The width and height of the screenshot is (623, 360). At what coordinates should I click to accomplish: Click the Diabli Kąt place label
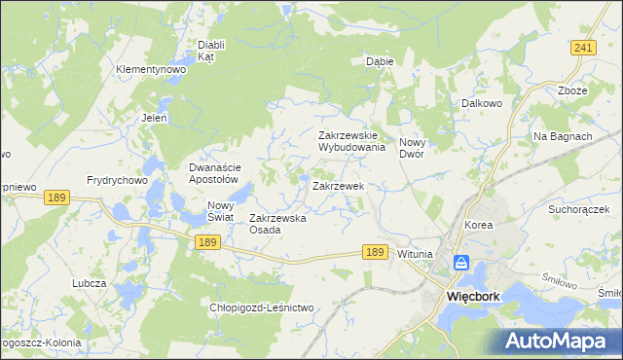(211, 51)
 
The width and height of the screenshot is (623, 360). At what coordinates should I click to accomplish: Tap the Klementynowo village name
(151, 70)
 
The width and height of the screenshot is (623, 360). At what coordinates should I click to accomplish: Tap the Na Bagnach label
(563, 136)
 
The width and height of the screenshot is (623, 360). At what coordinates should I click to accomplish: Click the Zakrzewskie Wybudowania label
(352, 142)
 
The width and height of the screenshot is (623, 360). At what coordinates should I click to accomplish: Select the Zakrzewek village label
(338, 185)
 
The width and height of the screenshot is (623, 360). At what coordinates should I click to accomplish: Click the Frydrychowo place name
(116, 180)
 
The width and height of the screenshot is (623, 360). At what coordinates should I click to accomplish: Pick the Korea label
(479, 225)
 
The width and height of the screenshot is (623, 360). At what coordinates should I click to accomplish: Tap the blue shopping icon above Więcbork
(461, 264)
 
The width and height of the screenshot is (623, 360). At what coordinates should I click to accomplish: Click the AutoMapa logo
(559, 341)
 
